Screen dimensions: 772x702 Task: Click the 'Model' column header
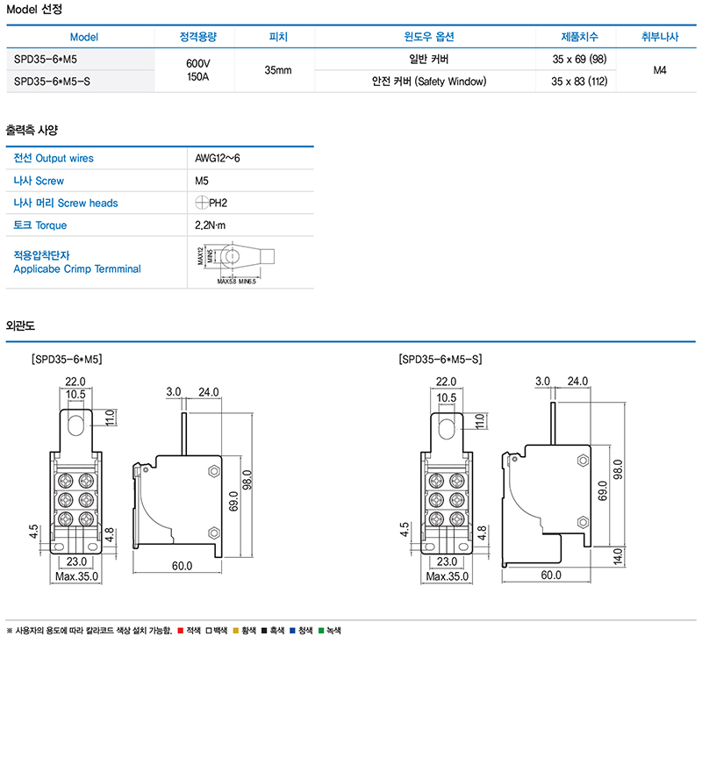point(84,37)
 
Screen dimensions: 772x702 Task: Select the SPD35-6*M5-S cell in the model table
point(53,82)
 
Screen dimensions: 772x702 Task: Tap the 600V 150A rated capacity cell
point(198,70)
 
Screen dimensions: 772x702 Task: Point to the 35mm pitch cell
point(277,70)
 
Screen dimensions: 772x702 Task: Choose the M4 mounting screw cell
point(661,70)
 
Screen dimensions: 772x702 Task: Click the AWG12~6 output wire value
point(217,158)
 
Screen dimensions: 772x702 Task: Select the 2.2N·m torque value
point(211,225)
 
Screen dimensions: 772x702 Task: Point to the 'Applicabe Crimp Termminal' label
point(77,268)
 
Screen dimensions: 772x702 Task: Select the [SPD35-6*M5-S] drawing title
point(441,359)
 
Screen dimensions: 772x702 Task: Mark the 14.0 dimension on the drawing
point(617,555)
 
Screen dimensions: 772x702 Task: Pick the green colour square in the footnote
point(321,631)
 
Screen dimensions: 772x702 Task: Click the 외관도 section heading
point(20,325)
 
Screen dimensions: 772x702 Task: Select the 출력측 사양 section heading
point(32,130)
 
